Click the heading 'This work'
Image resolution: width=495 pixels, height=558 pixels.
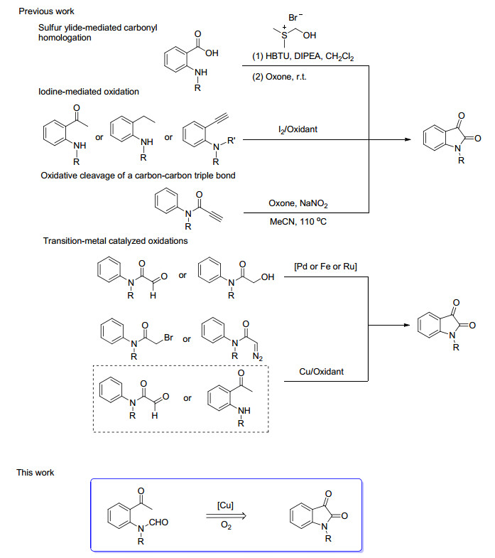pos(36,473)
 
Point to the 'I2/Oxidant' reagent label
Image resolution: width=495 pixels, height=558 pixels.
pos(299,129)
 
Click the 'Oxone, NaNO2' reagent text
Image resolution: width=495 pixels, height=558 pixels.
pos(298,203)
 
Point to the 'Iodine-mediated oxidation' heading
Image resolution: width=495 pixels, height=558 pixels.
pos(89,92)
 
